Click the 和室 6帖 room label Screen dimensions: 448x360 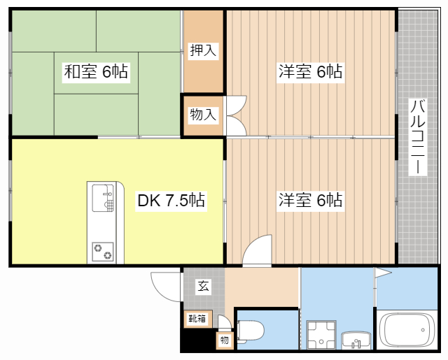pyautogui.click(x=96, y=72)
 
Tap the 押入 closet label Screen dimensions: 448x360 pyautogui.click(x=203, y=51)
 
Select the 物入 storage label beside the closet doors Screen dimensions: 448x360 pyautogui.click(x=203, y=115)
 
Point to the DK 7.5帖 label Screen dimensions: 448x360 pyautogui.click(x=171, y=201)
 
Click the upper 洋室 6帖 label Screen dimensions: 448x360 pyautogui.click(x=310, y=72)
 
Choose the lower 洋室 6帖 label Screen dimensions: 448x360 pyautogui.click(x=310, y=201)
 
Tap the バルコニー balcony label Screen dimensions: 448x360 pyautogui.click(x=418, y=136)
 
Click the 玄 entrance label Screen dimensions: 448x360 pyautogui.click(x=204, y=287)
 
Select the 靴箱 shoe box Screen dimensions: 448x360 pyautogui.click(x=197, y=319)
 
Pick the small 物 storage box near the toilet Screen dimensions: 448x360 pyautogui.click(x=225, y=340)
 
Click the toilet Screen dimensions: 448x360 pyautogui.click(x=250, y=331)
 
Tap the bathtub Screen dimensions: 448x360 pyautogui.click(x=407, y=330)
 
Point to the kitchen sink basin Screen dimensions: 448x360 pyautogui.click(x=103, y=198)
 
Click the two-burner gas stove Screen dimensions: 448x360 pyautogui.click(x=103, y=252)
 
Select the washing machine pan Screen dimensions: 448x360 pyautogui.click(x=321, y=335)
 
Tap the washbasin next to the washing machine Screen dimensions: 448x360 pyautogui.click(x=356, y=340)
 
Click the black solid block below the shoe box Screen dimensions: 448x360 pyautogui.click(x=198, y=340)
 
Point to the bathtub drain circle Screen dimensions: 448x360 pyautogui.click(x=423, y=330)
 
